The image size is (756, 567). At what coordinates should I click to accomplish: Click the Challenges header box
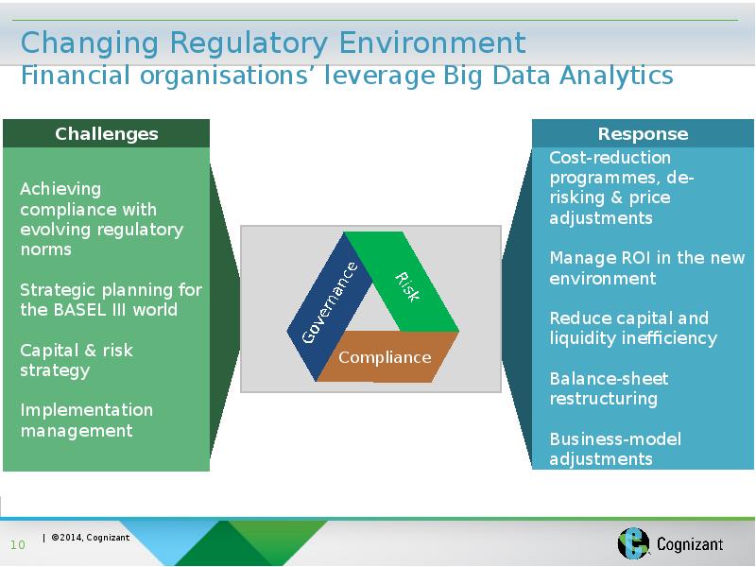(x=106, y=133)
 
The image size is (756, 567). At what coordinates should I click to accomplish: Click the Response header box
(x=643, y=133)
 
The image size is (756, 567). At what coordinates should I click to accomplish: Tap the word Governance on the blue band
(x=330, y=302)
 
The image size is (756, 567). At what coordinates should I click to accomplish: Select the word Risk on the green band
(x=407, y=287)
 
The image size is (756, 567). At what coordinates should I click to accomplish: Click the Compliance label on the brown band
(x=385, y=357)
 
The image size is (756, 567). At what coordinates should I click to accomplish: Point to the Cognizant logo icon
(x=634, y=542)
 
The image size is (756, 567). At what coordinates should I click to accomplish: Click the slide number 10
(x=17, y=545)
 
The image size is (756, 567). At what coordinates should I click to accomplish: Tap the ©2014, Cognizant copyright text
(x=90, y=537)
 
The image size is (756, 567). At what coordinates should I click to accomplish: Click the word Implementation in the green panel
(x=86, y=410)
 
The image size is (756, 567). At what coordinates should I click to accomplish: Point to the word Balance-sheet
(x=609, y=379)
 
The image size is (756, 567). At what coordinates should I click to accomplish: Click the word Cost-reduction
(x=610, y=158)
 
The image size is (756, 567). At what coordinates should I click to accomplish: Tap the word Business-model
(x=615, y=438)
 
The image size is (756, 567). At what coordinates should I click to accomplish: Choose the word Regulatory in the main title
(x=249, y=43)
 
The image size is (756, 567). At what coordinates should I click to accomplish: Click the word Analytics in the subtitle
(x=616, y=77)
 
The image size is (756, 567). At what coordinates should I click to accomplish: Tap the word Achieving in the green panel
(x=60, y=190)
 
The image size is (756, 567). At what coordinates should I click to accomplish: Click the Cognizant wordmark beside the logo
(x=690, y=544)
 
